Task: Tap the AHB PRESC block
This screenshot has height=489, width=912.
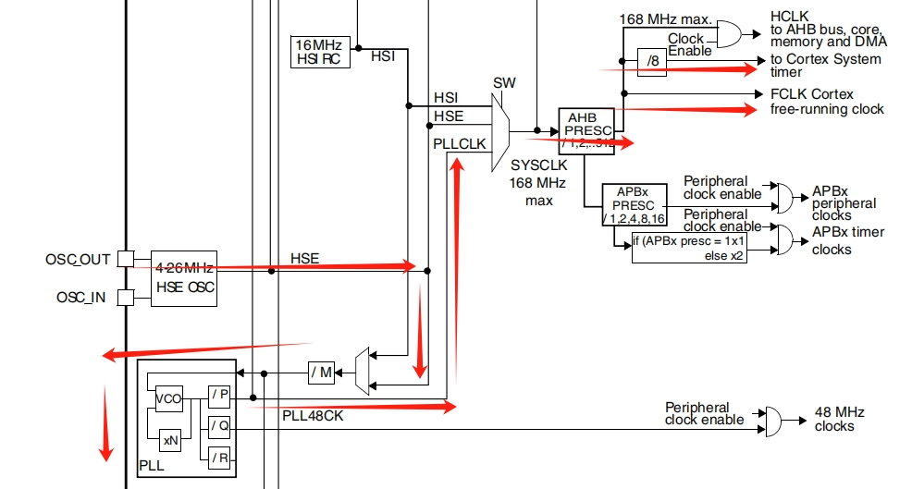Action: tap(585, 130)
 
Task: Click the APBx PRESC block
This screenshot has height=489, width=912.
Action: tap(635, 204)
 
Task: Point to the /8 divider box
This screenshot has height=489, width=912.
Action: tap(651, 62)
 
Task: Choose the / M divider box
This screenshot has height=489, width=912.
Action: tap(321, 373)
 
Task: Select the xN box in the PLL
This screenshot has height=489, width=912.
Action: tap(170, 440)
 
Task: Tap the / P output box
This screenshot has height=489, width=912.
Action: tap(218, 396)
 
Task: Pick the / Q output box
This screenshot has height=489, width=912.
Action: tap(218, 426)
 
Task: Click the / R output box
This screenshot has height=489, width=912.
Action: tap(218, 457)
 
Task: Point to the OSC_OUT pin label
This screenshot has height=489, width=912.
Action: tap(78, 259)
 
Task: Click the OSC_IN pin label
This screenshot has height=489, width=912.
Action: tap(82, 298)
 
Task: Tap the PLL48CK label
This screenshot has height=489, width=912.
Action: tap(313, 417)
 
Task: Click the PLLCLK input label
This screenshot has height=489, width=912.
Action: tap(459, 143)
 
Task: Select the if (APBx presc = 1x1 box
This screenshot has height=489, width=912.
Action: tap(689, 248)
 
